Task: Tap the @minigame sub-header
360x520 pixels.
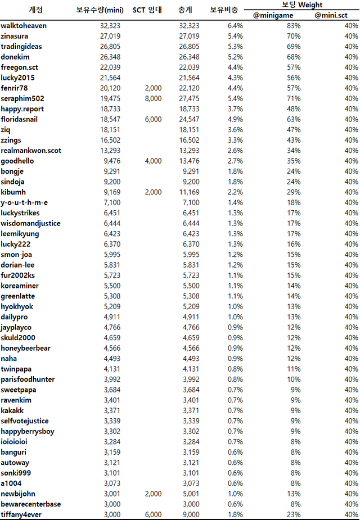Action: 276,15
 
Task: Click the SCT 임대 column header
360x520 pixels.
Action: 147,10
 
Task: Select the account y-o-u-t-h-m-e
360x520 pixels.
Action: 24,202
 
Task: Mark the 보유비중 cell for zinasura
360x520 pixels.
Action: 235,36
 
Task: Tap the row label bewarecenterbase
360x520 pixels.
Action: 31,504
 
